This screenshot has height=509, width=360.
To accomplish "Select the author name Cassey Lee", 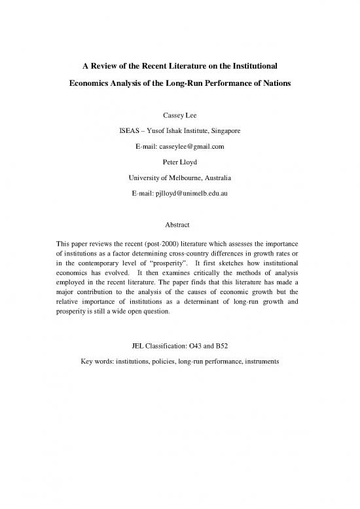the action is [180, 116].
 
